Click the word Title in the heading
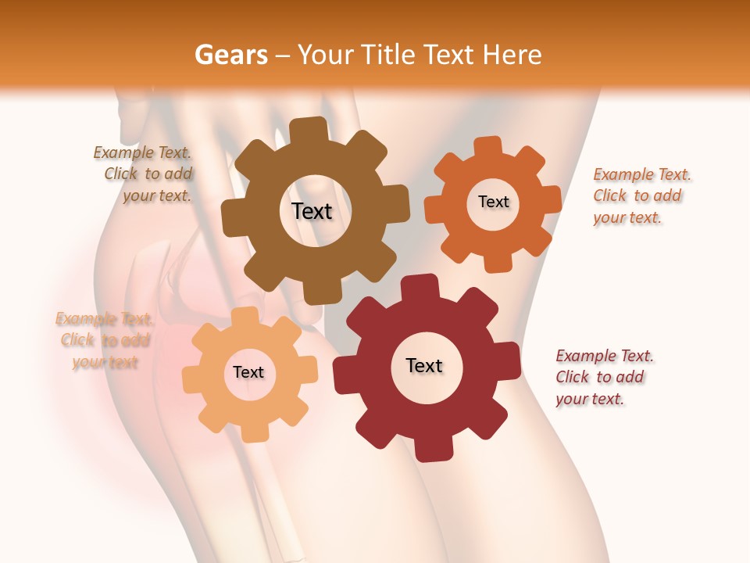point(391,55)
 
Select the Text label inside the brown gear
point(312,211)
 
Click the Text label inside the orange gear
point(493,202)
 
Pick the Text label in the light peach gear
point(248,372)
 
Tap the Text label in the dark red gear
point(424,365)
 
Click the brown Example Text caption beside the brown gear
point(144,174)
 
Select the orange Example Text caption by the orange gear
point(641,195)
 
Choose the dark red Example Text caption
point(604,377)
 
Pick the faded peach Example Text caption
point(104,340)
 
